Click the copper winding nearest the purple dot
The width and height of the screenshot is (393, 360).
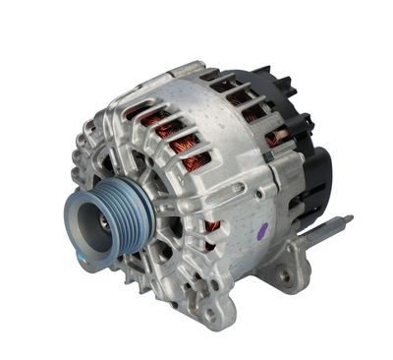click(212, 227)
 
